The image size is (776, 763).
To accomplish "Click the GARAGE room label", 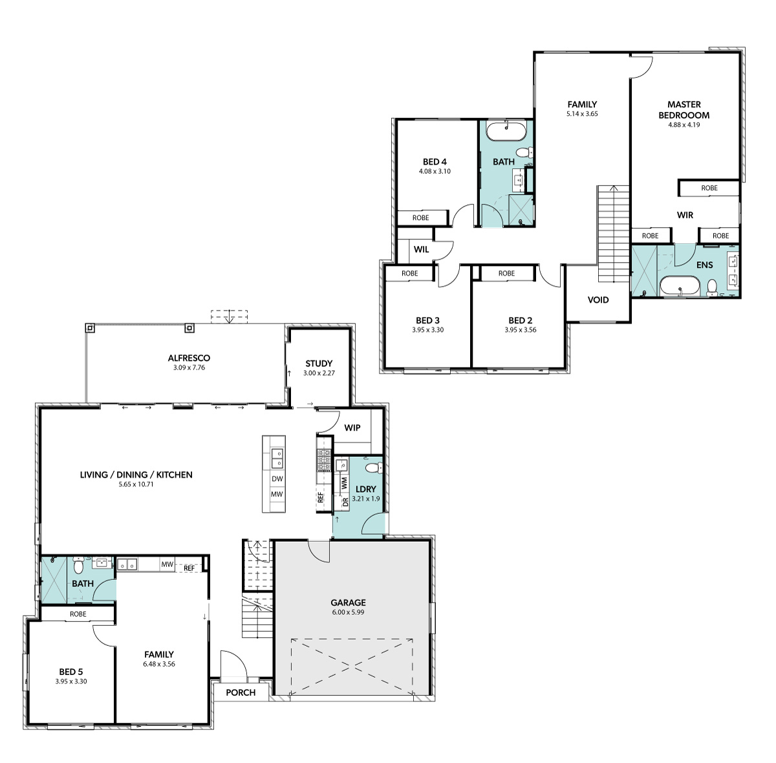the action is (348, 603).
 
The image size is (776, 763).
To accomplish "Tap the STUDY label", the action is (319, 363).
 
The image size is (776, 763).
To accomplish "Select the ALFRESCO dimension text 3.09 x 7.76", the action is (189, 368).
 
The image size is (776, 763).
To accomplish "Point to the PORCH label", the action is (241, 692).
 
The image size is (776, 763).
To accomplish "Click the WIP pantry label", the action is (352, 428).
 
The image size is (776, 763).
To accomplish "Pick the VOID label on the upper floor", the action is (598, 300).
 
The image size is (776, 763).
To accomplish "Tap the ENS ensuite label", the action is (704, 265).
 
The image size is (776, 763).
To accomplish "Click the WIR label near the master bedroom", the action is (685, 215).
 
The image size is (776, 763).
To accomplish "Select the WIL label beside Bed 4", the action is (421, 250).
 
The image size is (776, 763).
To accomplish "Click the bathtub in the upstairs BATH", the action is (506, 130).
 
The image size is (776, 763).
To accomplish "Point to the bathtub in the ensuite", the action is (680, 286).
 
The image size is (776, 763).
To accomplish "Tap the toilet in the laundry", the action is (373, 468).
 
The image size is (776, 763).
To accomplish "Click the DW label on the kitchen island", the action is (277, 479).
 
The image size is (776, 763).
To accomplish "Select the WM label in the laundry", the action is (344, 483).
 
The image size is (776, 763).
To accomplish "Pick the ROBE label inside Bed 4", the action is (420, 217).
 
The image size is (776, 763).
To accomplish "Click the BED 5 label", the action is (71, 672).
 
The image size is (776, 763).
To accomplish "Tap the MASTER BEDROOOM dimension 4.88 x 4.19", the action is (684, 125).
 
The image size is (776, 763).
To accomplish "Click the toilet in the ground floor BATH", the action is (78, 566).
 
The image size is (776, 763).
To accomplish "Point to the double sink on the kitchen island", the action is (277, 459).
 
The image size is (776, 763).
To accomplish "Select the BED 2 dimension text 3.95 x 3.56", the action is (521, 329).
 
